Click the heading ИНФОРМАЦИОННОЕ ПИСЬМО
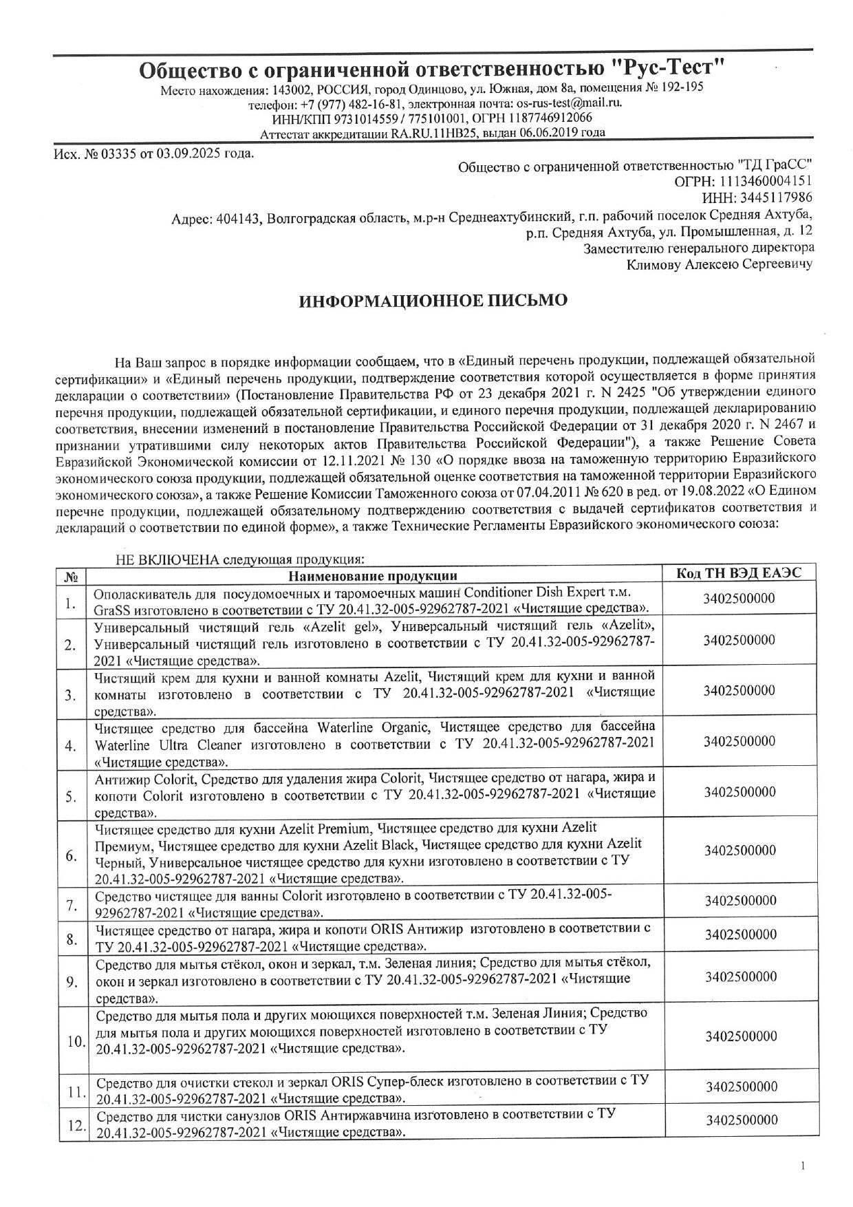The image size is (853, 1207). (433, 301)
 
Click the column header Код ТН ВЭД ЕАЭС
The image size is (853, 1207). (739, 573)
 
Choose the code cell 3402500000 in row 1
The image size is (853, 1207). (739, 599)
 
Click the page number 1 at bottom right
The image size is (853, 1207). (802, 1166)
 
